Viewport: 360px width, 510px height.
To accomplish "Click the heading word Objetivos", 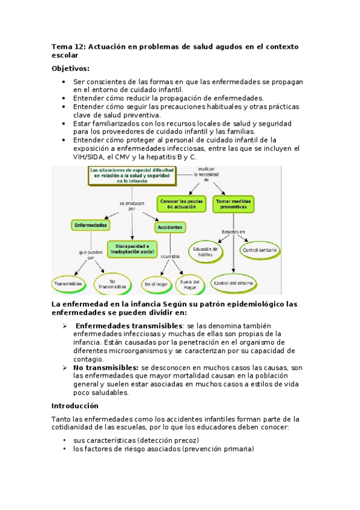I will click(x=70, y=68).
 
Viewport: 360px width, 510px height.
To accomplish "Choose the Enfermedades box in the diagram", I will click(x=91, y=225).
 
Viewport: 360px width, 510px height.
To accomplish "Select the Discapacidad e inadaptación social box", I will click(x=132, y=248).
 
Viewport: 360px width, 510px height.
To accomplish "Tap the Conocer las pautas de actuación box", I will click(x=181, y=203).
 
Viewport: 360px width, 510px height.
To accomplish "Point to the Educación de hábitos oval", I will click(x=206, y=250).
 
